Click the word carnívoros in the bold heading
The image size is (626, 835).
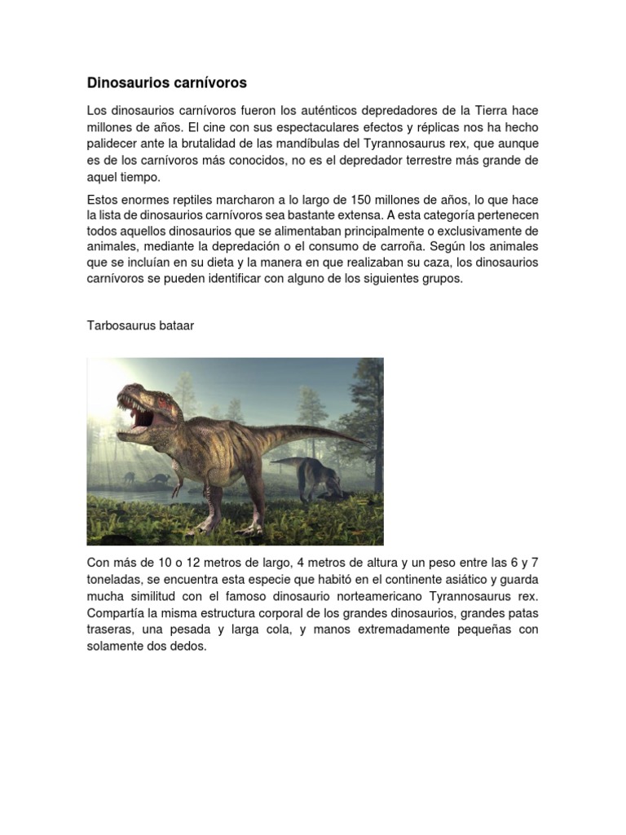click(208, 83)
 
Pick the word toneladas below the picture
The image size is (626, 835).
click(116, 580)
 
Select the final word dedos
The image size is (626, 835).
click(189, 647)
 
